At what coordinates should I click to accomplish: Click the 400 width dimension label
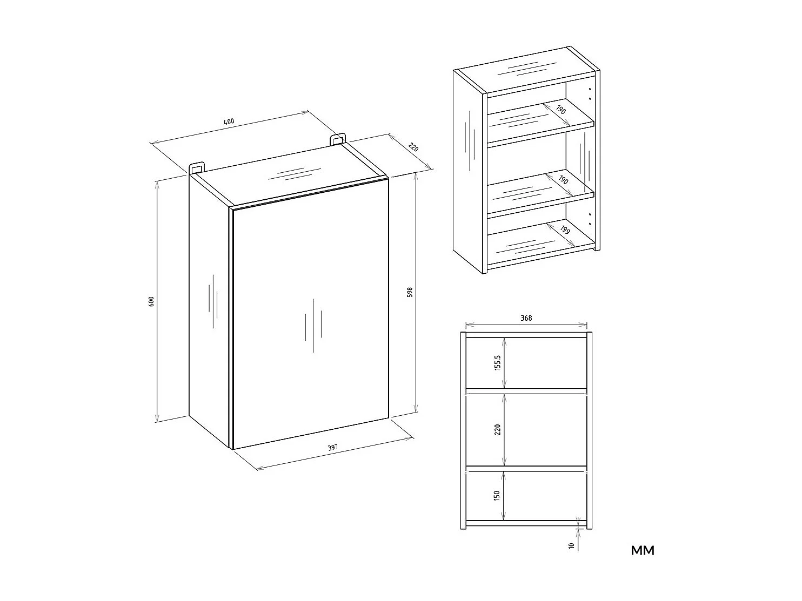coord(229,121)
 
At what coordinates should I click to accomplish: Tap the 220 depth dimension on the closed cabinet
coord(413,147)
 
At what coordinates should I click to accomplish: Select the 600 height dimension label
coord(151,301)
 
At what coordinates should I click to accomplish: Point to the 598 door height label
coord(410,292)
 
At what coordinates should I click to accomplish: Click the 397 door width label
coord(333,447)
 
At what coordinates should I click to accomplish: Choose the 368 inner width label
coord(526,318)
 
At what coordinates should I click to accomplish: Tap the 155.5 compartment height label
coord(497,363)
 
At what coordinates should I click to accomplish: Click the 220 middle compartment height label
coord(497,429)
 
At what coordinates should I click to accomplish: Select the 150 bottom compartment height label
coord(497,495)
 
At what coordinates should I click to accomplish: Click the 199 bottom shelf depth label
coord(565,230)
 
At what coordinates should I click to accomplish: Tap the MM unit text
coord(643,551)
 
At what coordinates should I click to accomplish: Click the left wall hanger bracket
coord(197,167)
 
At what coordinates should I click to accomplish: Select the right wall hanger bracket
coord(338,139)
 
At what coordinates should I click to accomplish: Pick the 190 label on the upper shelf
coord(561,110)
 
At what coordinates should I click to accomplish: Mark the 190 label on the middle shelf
coord(564,180)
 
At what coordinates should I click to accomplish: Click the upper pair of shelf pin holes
coord(590,93)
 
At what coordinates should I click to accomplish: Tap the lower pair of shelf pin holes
coord(590,219)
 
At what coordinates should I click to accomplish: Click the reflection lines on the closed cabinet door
coord(313,326)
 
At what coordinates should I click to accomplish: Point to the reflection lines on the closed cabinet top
coord(295,174)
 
